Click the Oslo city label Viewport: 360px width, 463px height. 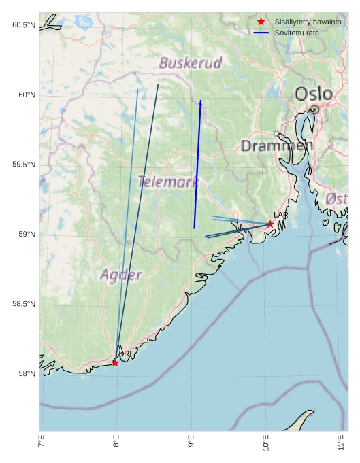(x=314, y=94)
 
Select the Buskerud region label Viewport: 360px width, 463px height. (x=191, y=63)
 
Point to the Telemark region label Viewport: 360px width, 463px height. (x=168, y=182)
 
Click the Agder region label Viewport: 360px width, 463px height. (x=121, y=275)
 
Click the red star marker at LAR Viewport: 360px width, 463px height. (x=270, y=224)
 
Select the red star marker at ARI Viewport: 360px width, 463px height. (x=115, y=363)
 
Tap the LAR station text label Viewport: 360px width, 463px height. (x=281, y=216)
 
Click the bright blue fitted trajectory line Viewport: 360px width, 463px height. (x=197, y=163)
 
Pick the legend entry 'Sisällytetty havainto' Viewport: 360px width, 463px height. (x=308, y=22)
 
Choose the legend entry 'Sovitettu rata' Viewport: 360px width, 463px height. (x=297, y=33)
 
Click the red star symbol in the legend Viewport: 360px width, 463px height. (x=261, y=22)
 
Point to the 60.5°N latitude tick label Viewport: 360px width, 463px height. (x=23, y=25)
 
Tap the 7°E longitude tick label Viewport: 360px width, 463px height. (x=42, y=445)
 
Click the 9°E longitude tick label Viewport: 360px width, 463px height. (x=191, y=445)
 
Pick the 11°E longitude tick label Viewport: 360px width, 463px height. (x=342, y=445)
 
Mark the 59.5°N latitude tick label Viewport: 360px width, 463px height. (x=23, y=165)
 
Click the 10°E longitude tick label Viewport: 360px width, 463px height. (x=266, y=446)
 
